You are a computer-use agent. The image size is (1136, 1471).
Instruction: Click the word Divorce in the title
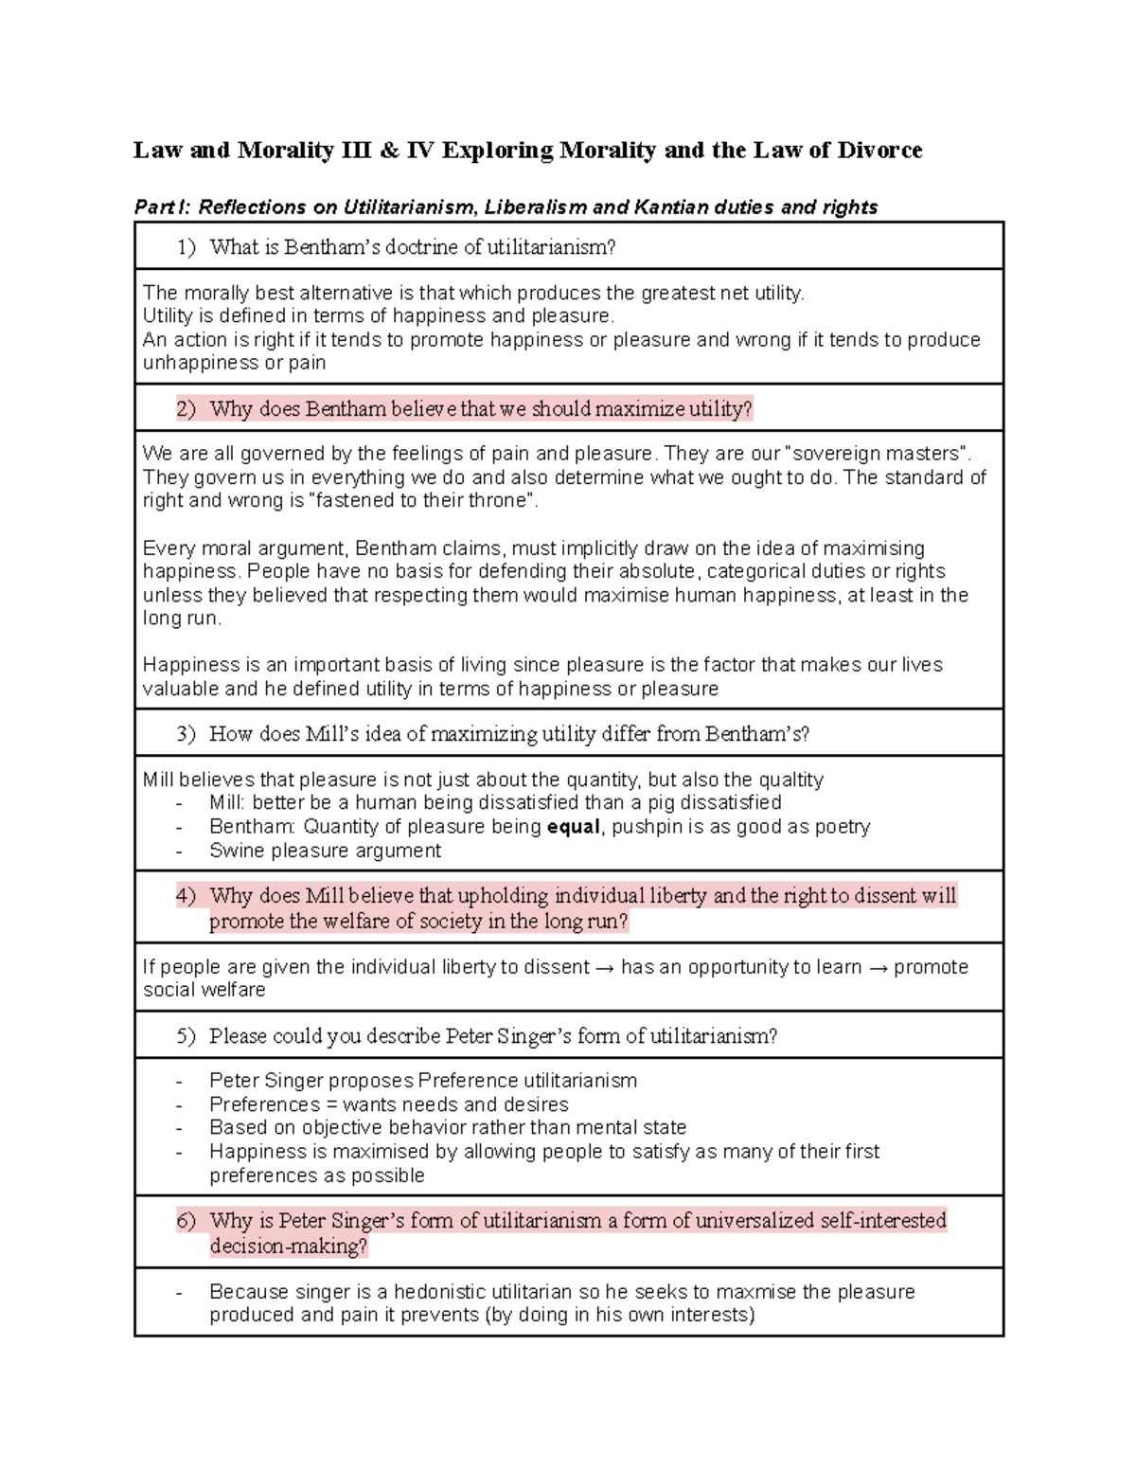(x=879, y=151)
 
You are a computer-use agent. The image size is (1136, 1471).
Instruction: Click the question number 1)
(x=186, y=248)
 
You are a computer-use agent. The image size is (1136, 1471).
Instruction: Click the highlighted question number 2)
(x=186, y=409)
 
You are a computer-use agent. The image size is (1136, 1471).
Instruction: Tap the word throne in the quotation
(x=496, y=501)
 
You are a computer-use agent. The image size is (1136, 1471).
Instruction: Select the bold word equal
(x=574, y=827)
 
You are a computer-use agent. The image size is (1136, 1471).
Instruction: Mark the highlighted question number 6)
(x=186, y=1221)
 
